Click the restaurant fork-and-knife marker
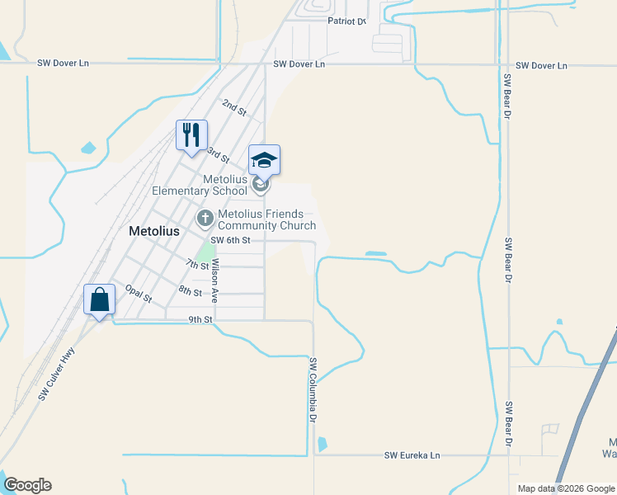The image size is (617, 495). point(191,135)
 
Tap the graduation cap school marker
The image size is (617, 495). point(265,160)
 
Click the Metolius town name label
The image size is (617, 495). point(154,232)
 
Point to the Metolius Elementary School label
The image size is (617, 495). point(200,185)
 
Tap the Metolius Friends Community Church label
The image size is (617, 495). point(266,219)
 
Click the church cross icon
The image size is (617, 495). point(205,219)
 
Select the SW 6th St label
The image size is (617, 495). point(230,240)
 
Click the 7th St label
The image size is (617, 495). point(197,264)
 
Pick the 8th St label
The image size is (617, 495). point(190,290)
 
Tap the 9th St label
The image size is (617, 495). point(200,319)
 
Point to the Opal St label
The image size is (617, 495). point(139,293)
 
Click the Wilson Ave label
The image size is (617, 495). point(214,280)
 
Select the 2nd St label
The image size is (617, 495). point(234,107)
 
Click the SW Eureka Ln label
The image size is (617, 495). point(413,455)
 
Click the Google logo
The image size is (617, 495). point(27,485)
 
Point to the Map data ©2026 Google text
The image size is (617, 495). point(565,488)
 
